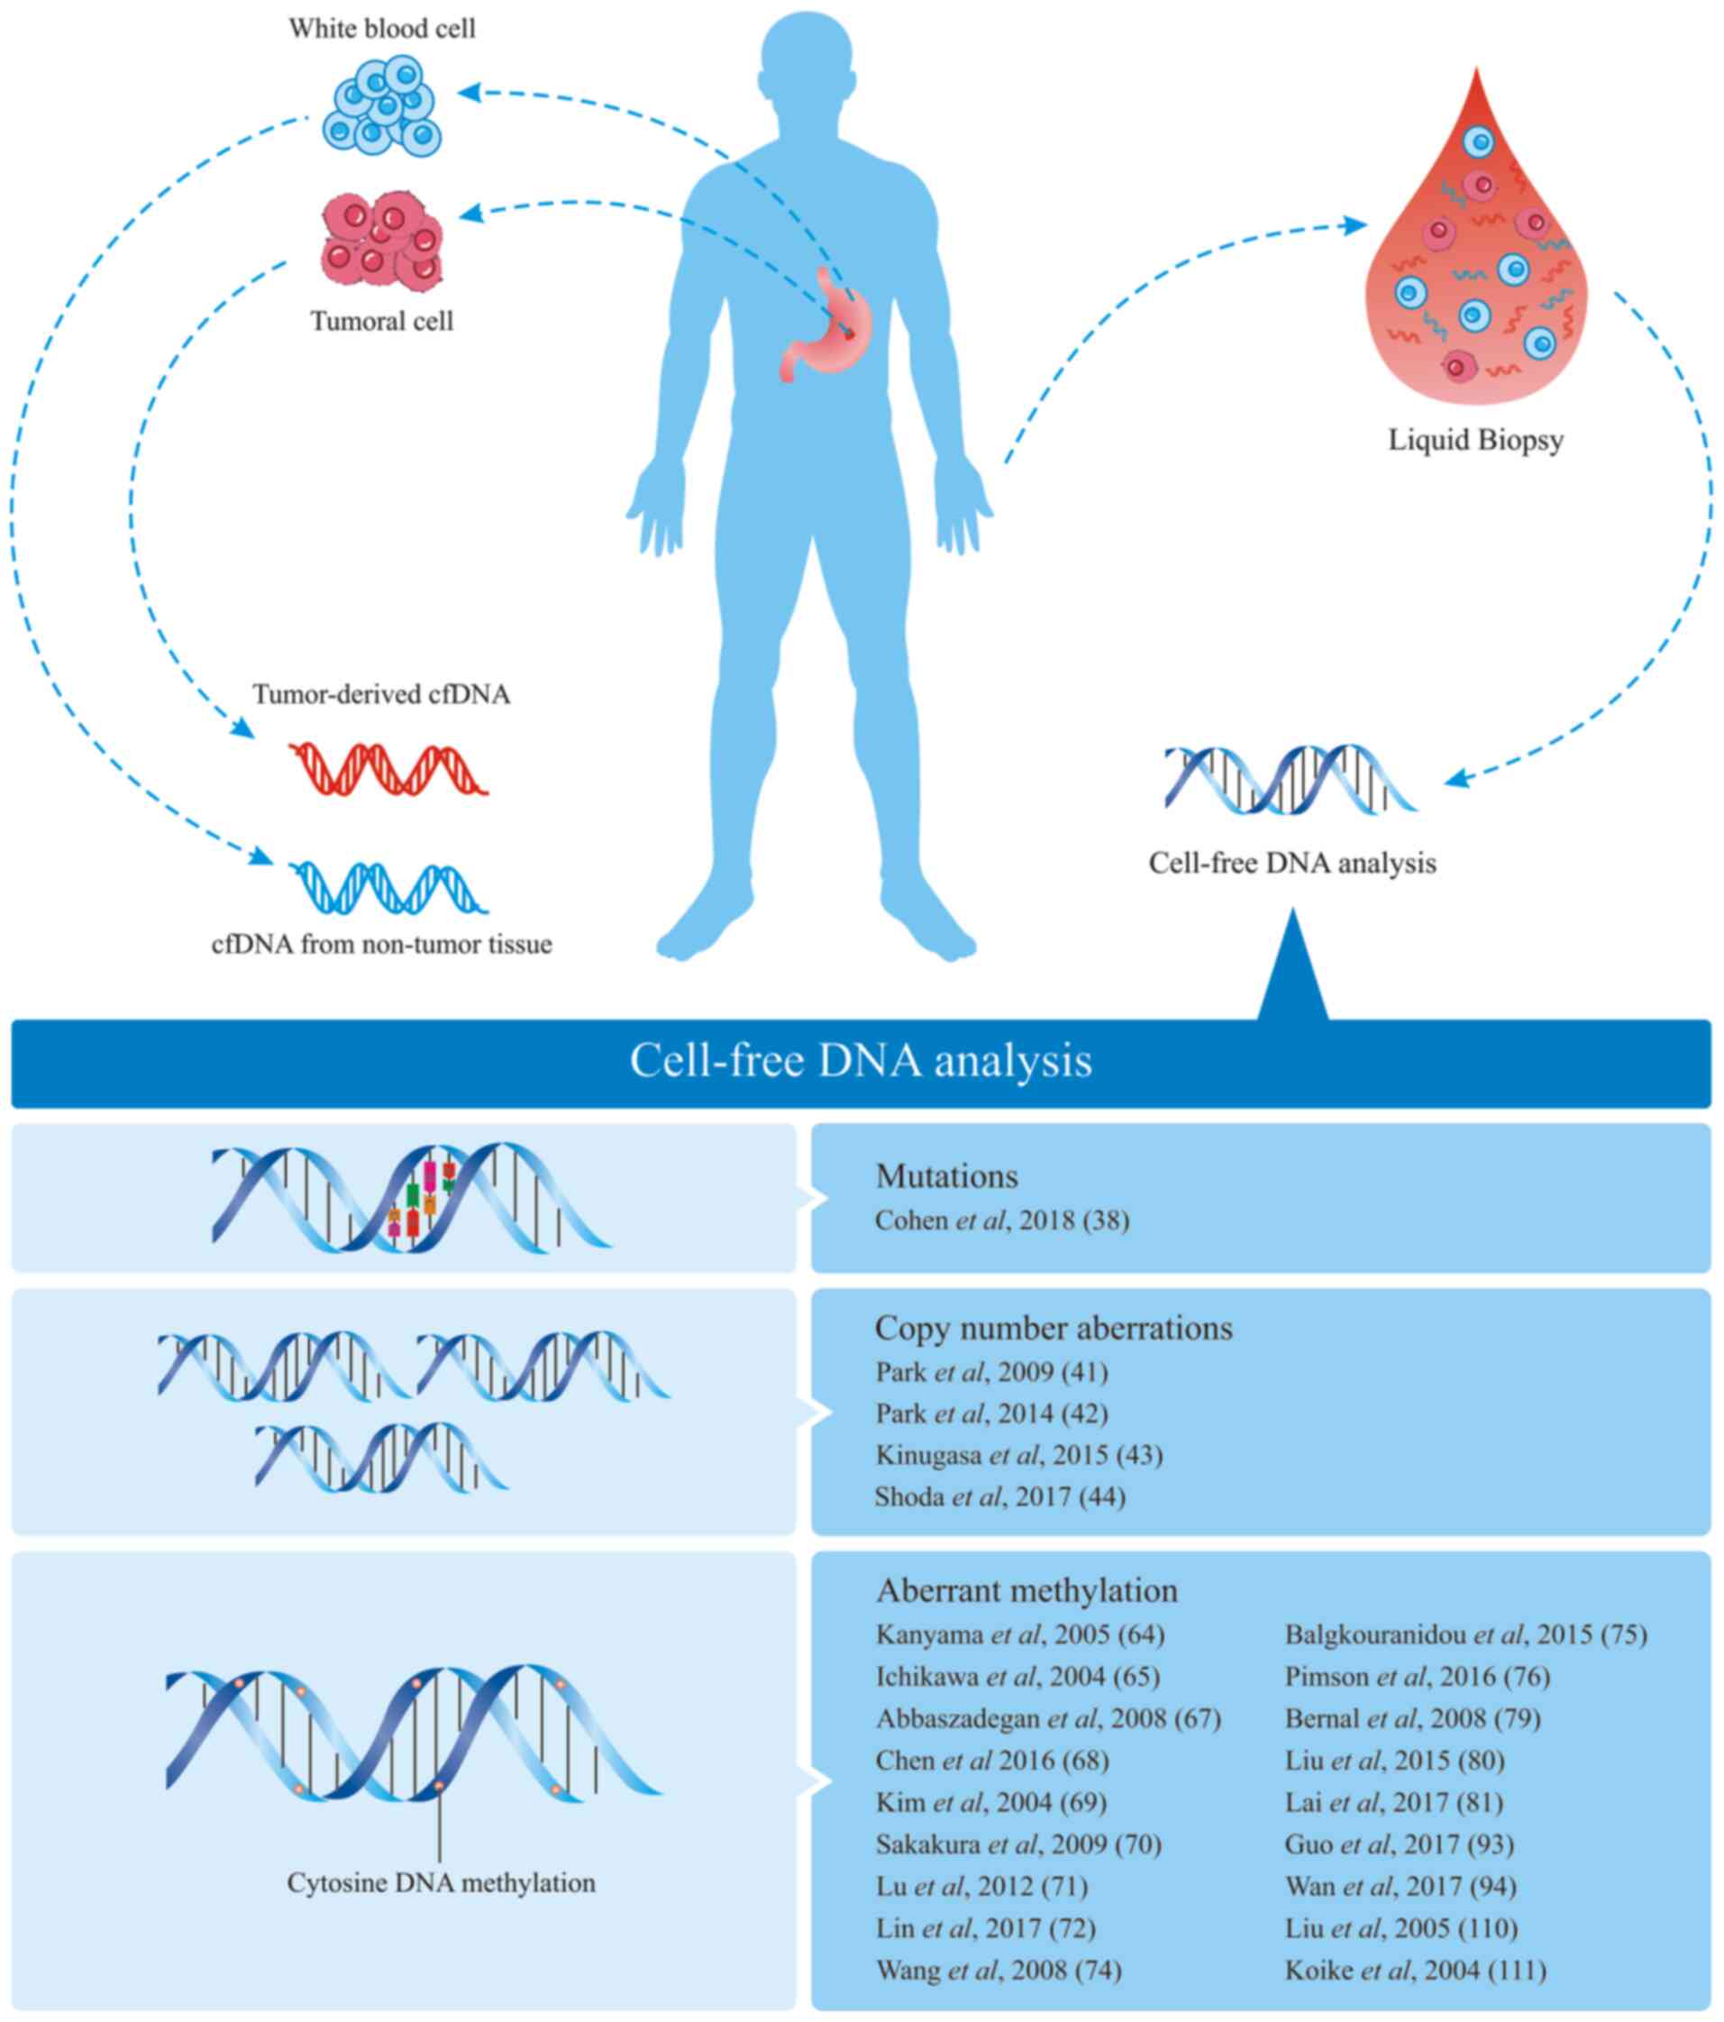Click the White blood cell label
[x=381, y=28]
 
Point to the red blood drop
[x=1475, y=273]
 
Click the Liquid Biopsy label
[x=1475, y=440]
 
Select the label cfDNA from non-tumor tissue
[x=381, y=945]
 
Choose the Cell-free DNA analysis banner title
[x=861, y=1062]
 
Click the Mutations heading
[x=946, y=1176]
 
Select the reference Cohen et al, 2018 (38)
[x=1002, y=1221]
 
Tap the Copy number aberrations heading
[x=1054, y=1328]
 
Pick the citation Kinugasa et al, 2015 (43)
[x=1018, y=1455]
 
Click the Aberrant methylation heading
[x=1026, y=1591]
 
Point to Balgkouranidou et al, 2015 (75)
[x=1465, y=1634]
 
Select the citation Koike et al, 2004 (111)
[x=1416, y=1971]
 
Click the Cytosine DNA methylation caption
[x=441, y=1882]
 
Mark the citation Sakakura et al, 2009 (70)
[x=1018, y=1844]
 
